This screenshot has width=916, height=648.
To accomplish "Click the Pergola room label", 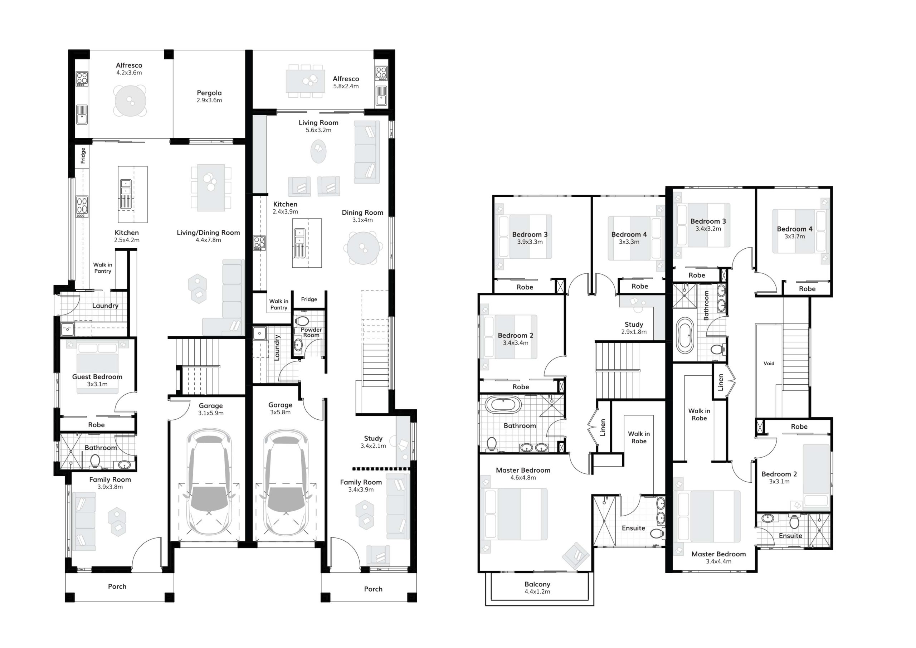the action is [x=209, y=93].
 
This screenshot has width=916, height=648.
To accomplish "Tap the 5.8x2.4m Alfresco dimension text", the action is [x=346, y=86].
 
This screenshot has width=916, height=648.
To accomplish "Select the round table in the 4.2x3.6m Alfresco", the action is [x=130, y=101].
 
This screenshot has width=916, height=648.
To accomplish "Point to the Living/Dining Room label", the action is [x=208, y=233].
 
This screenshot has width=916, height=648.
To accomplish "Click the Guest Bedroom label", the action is [x=97, y=377].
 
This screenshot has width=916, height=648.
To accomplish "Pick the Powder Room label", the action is [x=311, y=332].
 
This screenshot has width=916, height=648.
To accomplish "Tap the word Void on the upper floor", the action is [x=769, y=364].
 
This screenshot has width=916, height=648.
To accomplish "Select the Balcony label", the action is [x=537, y=584].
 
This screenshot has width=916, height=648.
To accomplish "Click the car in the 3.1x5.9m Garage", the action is [x=209, y=482].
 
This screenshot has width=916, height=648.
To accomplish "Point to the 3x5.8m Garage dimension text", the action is [x=281, y=412].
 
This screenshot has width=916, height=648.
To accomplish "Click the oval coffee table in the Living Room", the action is [x=318, y=151].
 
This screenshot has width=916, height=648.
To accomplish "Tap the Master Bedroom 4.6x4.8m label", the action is [x=523, y=474].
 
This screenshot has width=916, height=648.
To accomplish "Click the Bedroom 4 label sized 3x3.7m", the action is [x=794, y=233].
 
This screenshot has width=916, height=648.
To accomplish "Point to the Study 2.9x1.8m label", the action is [x=634, y=328].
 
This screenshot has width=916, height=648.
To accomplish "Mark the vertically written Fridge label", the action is [x=83, y=156].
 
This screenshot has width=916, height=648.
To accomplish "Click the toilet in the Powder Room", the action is [x=302, y=321].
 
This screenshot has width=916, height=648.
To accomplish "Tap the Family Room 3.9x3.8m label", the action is [x=110, y=483].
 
